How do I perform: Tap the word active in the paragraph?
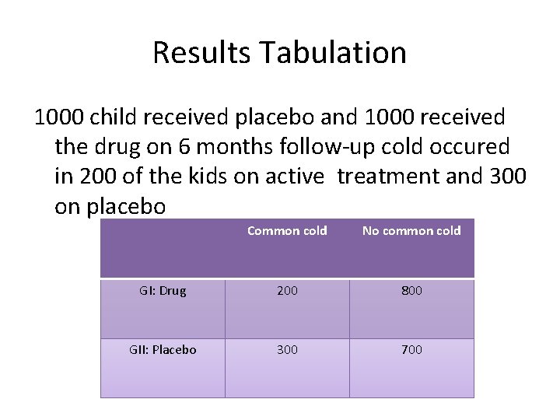tap(293, 177)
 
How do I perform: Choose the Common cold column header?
tap(287, 230)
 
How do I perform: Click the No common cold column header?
tap(411, 230)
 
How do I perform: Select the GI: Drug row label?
tap(163, 291)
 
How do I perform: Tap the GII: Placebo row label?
tap(163, 350)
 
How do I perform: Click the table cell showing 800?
tap(411, 291)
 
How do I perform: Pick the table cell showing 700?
tap(411, 350)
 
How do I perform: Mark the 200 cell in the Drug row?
tap(287, 291)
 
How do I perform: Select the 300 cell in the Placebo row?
tap(287, 350)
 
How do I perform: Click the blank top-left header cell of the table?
tap(163, 247)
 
